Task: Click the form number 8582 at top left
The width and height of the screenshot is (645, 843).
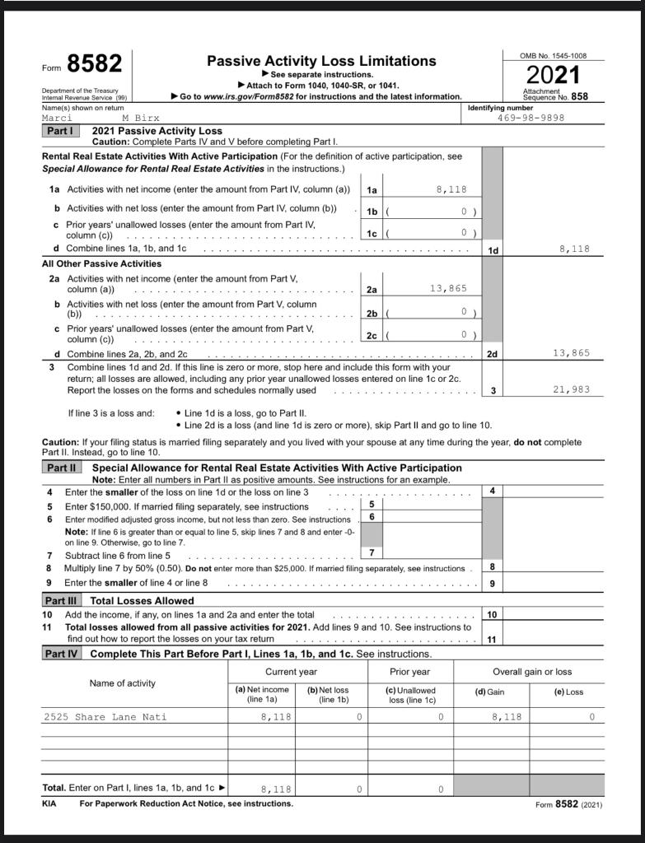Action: click(94, 64)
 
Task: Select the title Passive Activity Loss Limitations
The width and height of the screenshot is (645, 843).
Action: click(321, 61)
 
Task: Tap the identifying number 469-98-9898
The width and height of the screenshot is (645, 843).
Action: click(531, 118)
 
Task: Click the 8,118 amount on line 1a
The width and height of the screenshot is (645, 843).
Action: click(451, 189)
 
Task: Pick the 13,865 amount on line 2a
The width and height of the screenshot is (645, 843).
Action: click(448, 288)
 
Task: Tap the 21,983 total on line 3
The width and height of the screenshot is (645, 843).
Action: click(571, 390)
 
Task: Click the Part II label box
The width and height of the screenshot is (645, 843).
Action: click(61, 468)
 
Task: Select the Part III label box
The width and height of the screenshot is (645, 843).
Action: click(62, 600)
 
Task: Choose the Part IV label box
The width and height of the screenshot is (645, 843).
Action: click(62, 654)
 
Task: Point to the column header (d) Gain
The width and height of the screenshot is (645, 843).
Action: click(490, 692)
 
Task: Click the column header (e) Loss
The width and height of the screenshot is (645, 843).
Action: click(568, 692)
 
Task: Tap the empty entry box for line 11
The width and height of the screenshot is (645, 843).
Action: click(552, 639)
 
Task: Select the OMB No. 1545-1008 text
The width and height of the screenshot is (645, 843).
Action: click(553, 55)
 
